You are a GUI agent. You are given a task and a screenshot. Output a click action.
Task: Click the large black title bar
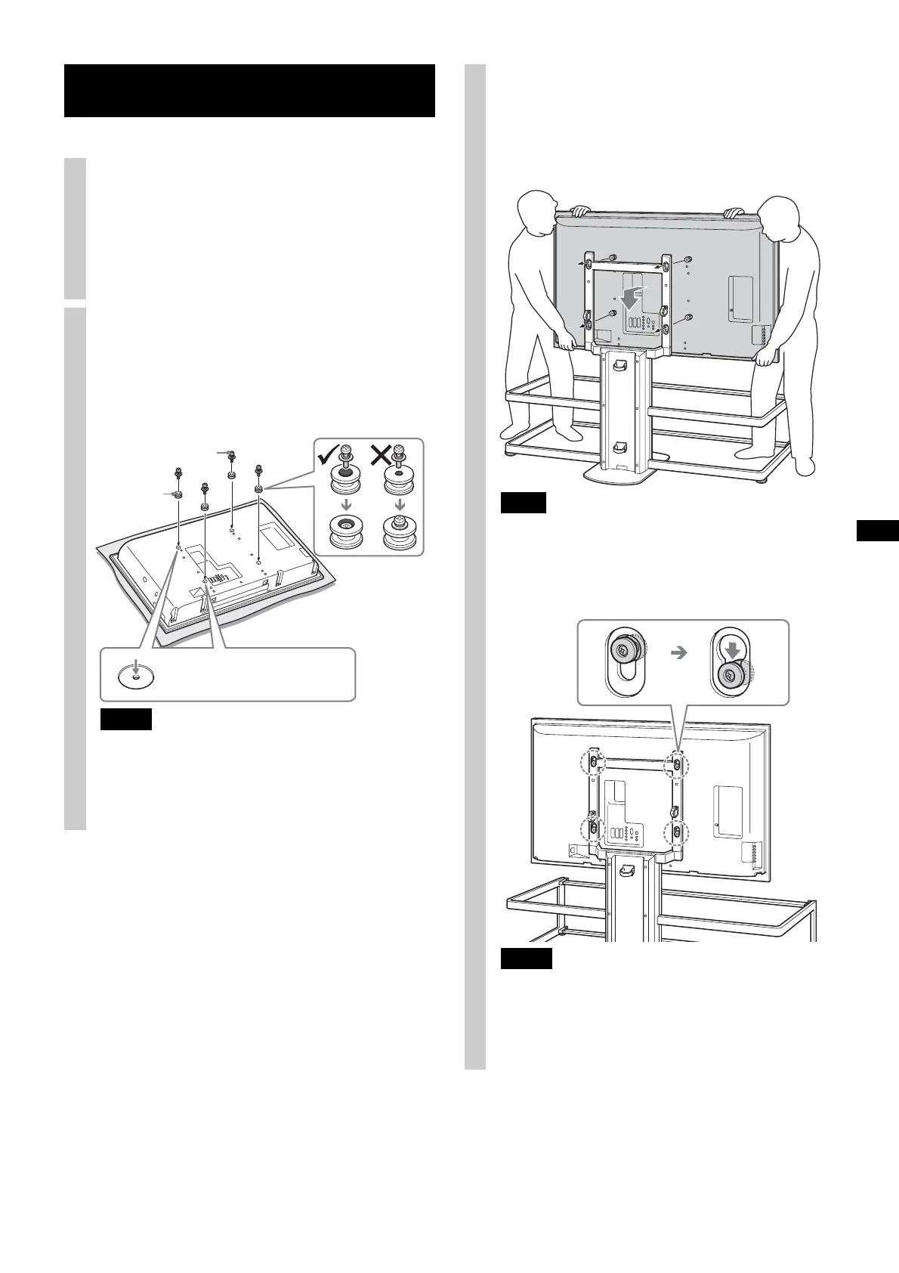click(249, 91)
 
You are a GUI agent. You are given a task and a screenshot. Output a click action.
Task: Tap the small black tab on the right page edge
click(878, 531)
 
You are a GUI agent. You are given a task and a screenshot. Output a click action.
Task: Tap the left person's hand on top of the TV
click(581, 211)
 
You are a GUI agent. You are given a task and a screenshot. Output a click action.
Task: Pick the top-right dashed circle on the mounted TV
click(677, 765)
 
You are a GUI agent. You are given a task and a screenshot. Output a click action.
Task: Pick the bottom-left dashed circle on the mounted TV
click(592, 829)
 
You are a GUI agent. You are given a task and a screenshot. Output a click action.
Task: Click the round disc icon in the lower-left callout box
click(135, 674)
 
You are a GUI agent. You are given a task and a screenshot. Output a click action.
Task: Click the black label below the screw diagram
click(126, 719)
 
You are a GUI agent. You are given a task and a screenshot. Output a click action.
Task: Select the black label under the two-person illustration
click(523, 503)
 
